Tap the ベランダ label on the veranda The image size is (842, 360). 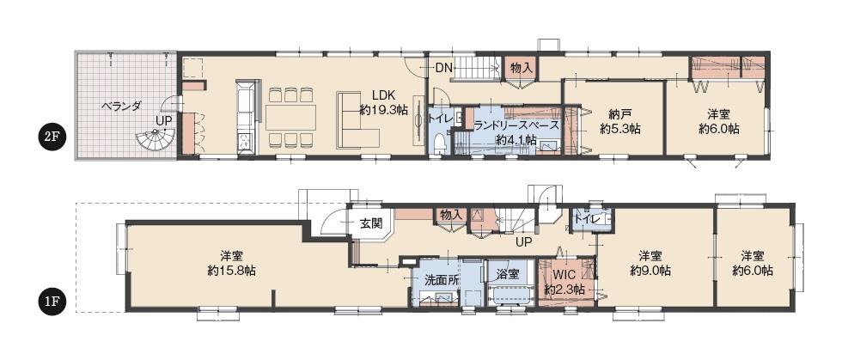click(x=121, y=106)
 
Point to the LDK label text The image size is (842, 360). click(x=383, y=96)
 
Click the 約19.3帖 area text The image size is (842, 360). click(x=383, y=110)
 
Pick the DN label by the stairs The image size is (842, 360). click(x=443, y=68)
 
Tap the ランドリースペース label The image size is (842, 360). click(x=516, y=125)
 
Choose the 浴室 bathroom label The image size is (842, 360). click(x=509, y=274)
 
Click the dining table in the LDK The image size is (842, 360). click(x=290, y=117)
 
